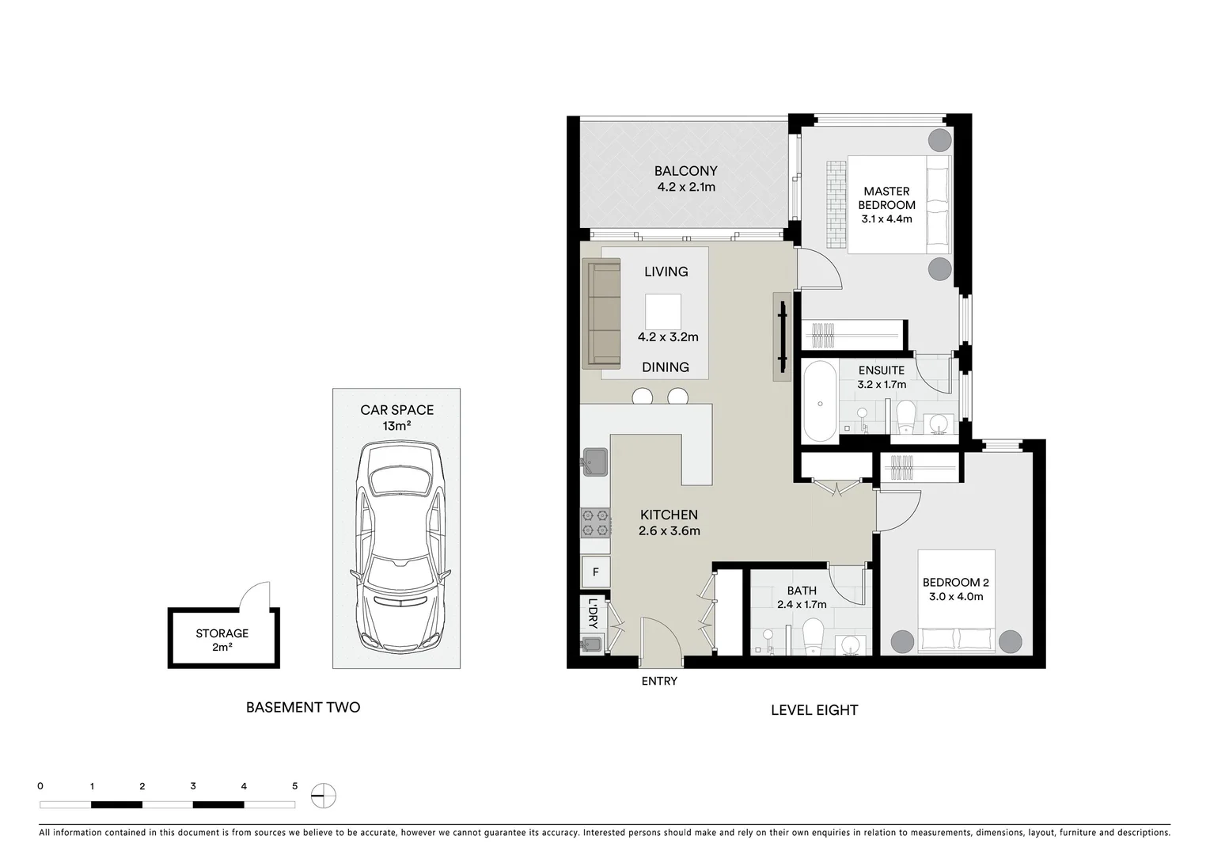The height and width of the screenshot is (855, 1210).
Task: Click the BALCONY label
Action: [685, 171]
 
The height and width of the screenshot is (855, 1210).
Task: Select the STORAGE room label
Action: [222, 633]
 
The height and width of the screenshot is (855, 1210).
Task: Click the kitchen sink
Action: [594, 462]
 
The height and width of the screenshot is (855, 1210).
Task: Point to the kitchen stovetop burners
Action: [595, 522]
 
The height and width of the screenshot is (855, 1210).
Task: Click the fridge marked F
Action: [595, 572]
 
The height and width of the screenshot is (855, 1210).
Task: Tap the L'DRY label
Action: [593, 613]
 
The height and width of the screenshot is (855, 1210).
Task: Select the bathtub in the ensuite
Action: [819, 401]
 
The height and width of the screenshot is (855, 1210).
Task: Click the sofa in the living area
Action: [601, 313]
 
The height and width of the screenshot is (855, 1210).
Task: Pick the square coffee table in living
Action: [662, 311]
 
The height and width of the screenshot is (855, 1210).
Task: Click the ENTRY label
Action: [659, 681]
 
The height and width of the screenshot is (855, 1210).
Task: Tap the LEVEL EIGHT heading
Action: [814, 710]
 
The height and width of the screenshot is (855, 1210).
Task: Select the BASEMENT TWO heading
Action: [303, 708]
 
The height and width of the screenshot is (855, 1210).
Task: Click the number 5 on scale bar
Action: [294, 786]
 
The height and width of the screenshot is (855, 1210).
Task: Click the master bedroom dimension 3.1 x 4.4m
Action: [886, 219]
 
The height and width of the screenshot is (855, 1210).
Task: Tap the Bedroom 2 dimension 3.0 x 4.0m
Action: [956, 597]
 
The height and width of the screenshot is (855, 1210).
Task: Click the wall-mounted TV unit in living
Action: [782, 336]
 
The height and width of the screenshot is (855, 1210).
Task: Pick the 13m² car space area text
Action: [396, 426]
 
